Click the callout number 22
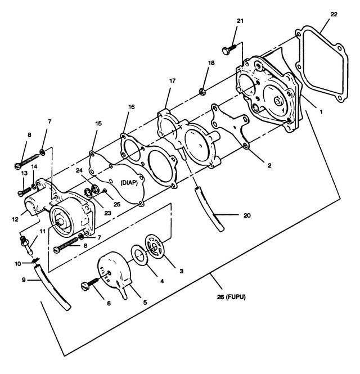(x=334, y=14)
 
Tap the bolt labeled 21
(x=229, y=49)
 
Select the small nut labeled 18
(x=202, y=91)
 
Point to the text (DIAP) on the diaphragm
(x=129, y=183)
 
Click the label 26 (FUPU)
(x=231, y=297)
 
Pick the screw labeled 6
(x=91, y=284)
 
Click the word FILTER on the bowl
(x=105, y=274)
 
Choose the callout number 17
(x=172, y=81)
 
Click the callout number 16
(x=132, y=107)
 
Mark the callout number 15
(x=98, y=123)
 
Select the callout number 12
(x=15, y=219)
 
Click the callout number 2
(x=269, y=165)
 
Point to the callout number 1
(x=321, y=111)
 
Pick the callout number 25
(x=117, y=204)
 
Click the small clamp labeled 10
(x=35, y=260)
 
